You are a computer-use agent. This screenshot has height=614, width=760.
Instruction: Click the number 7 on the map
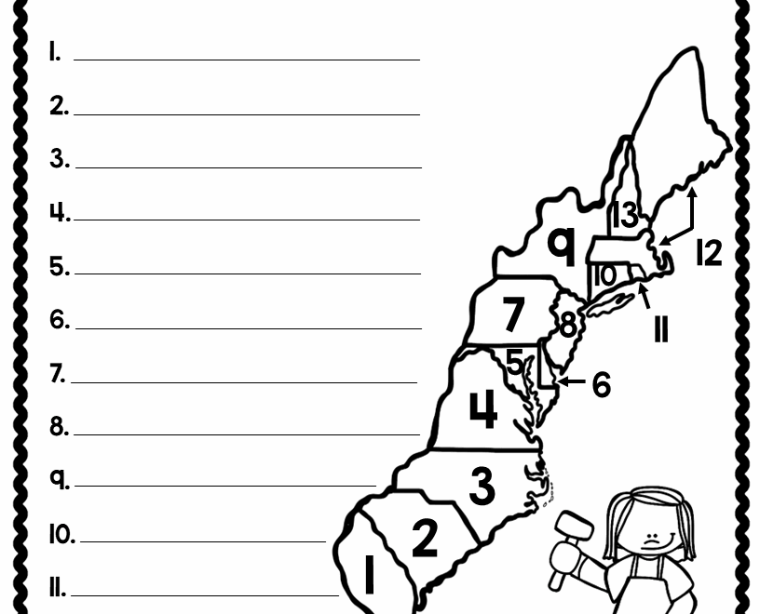514,314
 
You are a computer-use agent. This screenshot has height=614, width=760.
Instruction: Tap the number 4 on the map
483,409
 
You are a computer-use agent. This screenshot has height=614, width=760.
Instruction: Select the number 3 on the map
482,486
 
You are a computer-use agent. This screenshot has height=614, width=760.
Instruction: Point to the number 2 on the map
425,537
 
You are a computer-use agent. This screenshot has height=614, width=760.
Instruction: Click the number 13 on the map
625,215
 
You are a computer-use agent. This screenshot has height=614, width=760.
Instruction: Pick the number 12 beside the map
709,252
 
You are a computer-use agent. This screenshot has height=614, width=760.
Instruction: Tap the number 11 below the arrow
661,329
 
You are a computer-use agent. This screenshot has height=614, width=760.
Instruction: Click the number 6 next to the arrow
602,385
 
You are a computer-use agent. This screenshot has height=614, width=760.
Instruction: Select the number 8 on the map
568,324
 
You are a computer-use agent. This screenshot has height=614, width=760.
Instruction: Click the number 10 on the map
604,275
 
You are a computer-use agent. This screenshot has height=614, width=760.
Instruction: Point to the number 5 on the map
515,362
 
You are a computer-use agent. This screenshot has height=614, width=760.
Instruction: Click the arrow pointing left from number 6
571,381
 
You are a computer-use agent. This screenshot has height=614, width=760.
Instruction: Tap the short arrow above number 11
645,297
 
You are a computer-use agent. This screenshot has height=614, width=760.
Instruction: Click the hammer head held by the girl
575,524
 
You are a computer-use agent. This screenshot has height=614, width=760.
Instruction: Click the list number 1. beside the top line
55,51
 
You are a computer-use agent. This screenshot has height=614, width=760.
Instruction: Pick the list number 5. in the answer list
60,266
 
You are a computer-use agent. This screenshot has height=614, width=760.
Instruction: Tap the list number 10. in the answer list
62,535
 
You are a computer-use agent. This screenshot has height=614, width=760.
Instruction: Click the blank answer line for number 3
249,167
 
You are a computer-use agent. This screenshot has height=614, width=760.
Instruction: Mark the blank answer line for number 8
247,434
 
